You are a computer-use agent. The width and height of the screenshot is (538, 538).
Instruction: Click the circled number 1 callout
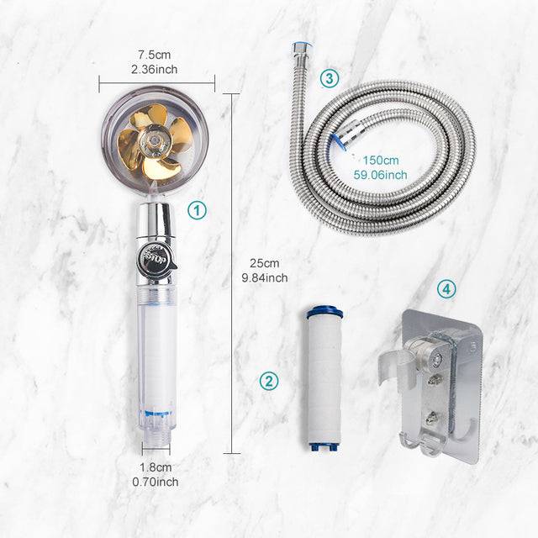(x=196, y=210)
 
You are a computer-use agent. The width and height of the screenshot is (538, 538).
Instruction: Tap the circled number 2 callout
(x=268, y=381)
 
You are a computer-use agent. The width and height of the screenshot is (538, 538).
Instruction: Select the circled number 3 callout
(x=329, y=79)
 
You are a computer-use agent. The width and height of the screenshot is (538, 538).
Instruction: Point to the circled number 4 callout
(x=447, y=289)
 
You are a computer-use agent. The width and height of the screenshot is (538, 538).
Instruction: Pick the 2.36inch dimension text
(x=156, y=70)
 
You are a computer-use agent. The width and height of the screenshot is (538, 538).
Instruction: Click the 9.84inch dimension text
(x=265, y=277)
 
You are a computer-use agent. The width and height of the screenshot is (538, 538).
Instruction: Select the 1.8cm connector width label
(x=156, y=467)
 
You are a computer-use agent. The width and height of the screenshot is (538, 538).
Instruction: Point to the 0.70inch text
(x=156, y=482)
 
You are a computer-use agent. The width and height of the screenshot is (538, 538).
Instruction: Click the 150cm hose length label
(x=382, y=161)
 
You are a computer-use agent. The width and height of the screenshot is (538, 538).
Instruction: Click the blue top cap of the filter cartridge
(x=324, y=313)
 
